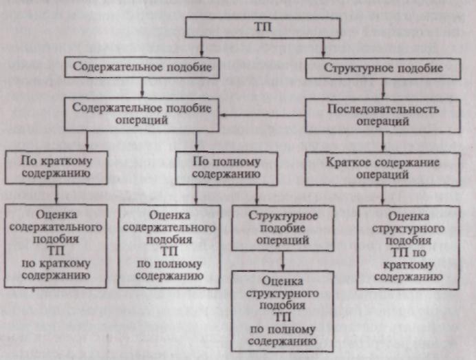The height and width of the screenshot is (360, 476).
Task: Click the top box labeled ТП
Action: [263, 28]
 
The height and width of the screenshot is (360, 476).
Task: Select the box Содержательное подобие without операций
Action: [142, 67]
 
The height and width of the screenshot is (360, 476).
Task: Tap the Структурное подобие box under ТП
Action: [383, 68]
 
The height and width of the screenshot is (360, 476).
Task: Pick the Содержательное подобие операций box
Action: [142, 114]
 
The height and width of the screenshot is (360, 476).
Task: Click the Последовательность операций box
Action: [382, 116]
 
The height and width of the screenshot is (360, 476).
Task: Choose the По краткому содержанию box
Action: [56, 167]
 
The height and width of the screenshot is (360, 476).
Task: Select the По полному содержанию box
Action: [226, 169]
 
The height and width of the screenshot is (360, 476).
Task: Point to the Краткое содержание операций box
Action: [382, 169]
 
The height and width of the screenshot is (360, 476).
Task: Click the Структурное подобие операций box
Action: [283, 228]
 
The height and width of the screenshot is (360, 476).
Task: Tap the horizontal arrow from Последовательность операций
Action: [262, 116]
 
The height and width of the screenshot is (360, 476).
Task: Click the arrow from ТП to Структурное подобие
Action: [323, 48]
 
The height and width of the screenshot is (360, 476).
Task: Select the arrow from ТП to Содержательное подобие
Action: [202, 47]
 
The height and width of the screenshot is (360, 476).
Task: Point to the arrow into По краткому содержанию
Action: [87, 141]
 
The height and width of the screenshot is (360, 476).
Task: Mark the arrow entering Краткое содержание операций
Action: [382, 142]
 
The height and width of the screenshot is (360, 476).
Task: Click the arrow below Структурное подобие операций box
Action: [283, 261]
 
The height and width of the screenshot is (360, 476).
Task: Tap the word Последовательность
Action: [383, 109]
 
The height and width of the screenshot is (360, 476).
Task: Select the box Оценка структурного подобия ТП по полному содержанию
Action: [282, 311]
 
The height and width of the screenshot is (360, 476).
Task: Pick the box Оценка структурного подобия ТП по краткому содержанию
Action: [409, 247]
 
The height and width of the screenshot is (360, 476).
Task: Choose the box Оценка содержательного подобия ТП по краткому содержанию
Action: [56, 246]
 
